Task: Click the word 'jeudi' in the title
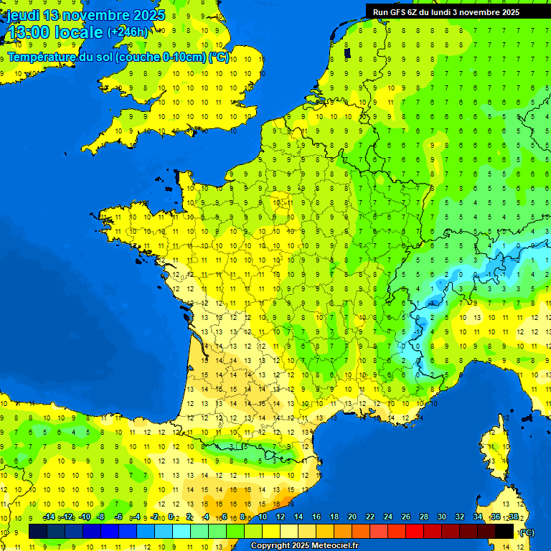pyautogui.click(x=23, y=15)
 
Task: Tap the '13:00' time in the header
pyautogui.click(x=29, y=32)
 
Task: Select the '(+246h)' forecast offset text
pyautogui.click(x=128, y=32)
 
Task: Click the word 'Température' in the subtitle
pyautogui.click(x=42, y=57)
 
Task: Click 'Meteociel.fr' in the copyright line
pyautogui.click(x=340, y=546)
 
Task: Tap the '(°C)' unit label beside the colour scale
pyautogui.click(x=526, y=532)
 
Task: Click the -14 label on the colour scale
pyautogui.click(x=49, y=517)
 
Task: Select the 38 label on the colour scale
pyautogui.click(x=513, y=517)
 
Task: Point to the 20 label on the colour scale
pyautogui.click(x=352, y=517)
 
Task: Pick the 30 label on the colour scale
pyautogui.click(x=441, y=517)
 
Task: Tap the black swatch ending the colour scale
pyautogui.click(x=505, y=531)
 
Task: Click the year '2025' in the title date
pyautogui.click(x=148, y=15)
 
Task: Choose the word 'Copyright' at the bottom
pyautogui.click(x=272, y=546)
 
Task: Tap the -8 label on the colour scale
pyautogui.click(x=102, y=517)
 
